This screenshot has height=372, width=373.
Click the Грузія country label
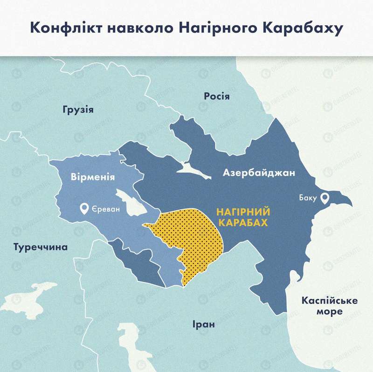[x=77, y=110]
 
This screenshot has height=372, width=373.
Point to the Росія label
[x=216, y=96]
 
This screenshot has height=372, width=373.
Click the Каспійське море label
[x=329, y=305]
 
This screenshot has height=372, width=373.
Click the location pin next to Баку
[x=325, y=198]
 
